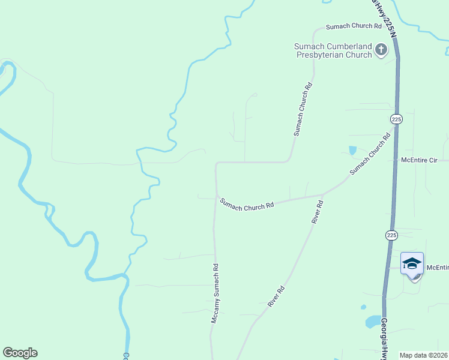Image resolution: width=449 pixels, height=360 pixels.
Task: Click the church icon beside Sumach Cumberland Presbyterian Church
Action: click(381, 50)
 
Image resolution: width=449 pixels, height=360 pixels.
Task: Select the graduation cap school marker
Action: click(412, 264)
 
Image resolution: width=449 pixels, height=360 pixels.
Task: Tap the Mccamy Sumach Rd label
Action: click(214, 293)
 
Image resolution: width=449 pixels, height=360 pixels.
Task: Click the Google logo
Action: click(20, 353)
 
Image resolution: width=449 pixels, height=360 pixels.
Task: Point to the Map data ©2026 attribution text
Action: click(423, 355)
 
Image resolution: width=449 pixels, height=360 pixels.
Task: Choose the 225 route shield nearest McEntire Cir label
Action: click(396, 119)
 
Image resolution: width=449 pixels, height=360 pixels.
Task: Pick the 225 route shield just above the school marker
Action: click(391, 235)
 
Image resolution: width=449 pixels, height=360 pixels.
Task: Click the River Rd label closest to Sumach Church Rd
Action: click(318, 212)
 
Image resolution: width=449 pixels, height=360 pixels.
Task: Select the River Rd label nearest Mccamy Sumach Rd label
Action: click(276, 296)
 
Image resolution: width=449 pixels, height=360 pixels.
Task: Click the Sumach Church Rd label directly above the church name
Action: click(354, 26)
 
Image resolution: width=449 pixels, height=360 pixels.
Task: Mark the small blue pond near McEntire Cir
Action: click(352, 150)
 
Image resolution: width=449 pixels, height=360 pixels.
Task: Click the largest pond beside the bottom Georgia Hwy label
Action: click(373, 322)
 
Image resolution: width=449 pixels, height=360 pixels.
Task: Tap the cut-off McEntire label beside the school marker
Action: click(438, 267)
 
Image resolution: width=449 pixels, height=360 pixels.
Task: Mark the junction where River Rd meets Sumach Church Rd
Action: click(323, 194)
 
